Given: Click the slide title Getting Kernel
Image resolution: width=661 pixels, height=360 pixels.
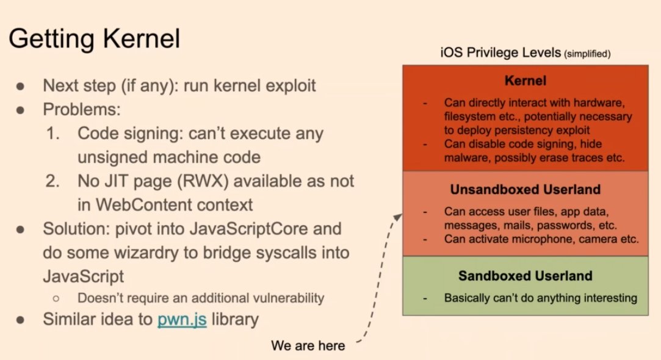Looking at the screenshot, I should click(x=94, y=38).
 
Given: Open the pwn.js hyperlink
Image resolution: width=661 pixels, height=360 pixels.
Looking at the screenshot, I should click(x=182, y=319).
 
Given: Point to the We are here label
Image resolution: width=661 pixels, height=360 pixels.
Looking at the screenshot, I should click(x=308, y=346).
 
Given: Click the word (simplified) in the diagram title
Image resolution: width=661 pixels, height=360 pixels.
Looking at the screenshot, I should click(x=587, y=54).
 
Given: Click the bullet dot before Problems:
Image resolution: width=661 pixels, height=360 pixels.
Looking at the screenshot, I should click(x=20, y=110).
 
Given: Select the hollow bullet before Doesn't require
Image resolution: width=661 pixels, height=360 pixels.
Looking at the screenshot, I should click(x=56, y=298).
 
